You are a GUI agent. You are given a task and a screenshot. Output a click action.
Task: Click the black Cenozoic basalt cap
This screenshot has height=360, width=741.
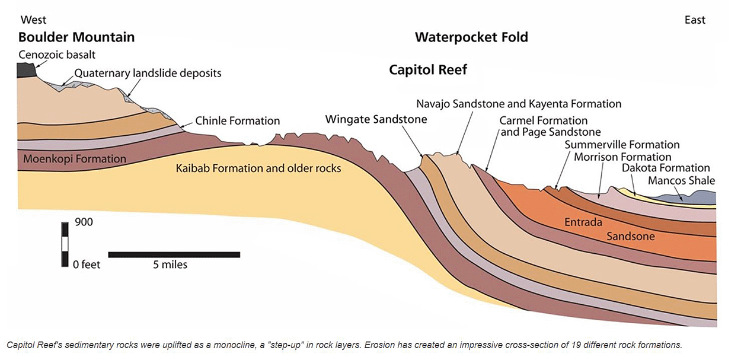[x=27, y=69]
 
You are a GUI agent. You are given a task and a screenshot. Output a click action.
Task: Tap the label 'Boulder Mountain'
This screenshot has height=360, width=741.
[x=76, y=37]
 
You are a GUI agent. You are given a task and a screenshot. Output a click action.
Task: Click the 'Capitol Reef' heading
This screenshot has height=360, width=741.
[x=427, y=70]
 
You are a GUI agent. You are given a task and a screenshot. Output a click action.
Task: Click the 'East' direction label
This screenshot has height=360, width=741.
[x=695, y=20]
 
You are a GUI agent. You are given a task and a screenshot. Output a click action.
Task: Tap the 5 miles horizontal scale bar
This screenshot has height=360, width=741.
[x=174, y=254]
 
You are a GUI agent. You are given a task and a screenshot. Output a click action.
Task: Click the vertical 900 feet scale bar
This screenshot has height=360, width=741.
[x=64, y=244]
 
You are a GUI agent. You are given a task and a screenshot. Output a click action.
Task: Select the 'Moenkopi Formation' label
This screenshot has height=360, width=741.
[x=75, y=159]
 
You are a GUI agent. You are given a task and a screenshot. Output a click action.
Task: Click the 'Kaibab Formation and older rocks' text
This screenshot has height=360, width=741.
[x=258, y=168]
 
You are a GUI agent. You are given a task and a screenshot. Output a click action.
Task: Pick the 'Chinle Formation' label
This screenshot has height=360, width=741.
[x=237, y=121]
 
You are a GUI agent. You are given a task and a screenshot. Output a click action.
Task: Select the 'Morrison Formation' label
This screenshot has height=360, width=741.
[x=622, y=157]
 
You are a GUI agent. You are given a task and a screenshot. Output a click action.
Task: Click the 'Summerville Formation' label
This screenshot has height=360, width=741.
[x=622, y=145]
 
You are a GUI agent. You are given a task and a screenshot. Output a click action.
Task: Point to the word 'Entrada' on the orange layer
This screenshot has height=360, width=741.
[x=583, y=222]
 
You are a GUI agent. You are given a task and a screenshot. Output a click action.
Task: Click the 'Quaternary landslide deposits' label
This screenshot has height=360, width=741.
[x=148, y=74]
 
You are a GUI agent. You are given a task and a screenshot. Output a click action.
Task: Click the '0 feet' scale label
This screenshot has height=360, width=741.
[x=87, y=265]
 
